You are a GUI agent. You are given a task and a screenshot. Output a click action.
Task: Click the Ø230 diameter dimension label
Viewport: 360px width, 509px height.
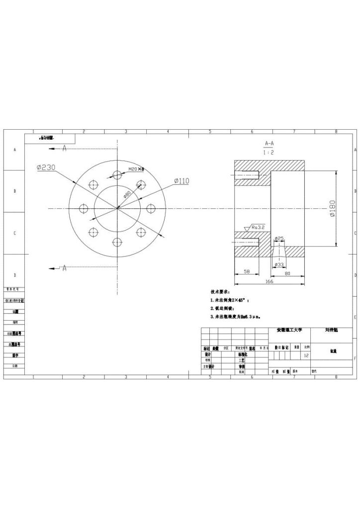(46, 168)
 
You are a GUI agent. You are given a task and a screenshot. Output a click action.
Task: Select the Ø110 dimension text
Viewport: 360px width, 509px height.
(181, 181)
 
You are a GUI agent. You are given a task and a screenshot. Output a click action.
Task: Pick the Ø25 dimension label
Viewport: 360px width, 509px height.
(279, 239)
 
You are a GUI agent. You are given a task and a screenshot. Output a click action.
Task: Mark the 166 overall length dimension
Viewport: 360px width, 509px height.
(269, 281)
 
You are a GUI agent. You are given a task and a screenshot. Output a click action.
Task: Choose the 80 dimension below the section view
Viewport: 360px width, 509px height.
(287, 272)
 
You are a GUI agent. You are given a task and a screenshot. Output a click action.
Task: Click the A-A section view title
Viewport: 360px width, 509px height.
(270, 143)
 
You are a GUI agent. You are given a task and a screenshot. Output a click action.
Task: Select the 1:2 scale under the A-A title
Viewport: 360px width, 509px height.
(269, 153)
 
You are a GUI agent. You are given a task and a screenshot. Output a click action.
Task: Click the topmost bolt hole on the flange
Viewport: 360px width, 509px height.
(117, 175)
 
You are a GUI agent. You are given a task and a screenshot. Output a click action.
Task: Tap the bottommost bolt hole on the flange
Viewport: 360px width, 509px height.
(117, 242)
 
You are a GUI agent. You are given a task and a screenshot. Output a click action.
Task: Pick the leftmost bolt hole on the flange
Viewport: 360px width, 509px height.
(84, 208)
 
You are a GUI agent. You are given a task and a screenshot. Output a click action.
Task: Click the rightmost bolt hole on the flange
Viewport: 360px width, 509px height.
(151, 208)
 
